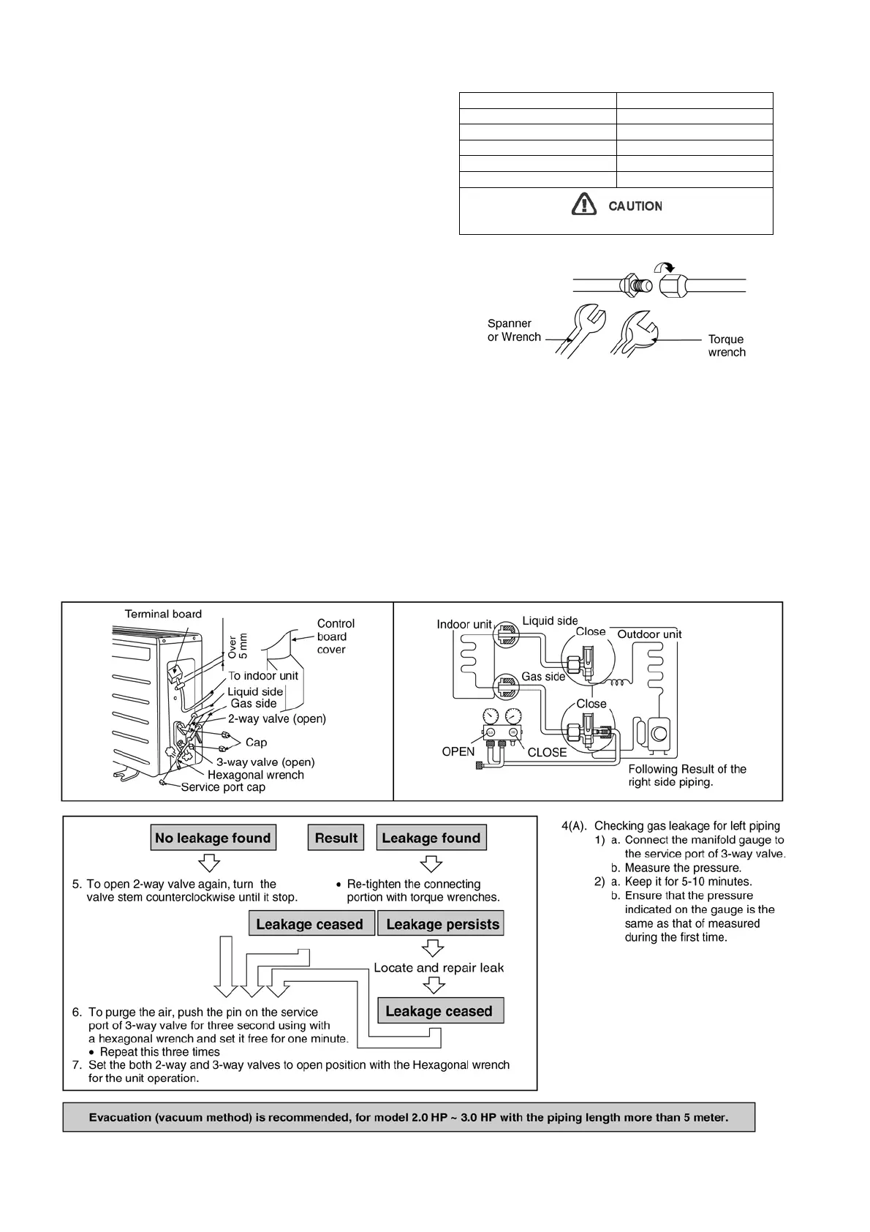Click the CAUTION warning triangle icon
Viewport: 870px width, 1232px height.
583,204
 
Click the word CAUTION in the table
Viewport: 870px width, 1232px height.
635,206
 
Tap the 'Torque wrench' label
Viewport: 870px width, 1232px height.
727,345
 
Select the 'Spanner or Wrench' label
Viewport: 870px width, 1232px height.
514,330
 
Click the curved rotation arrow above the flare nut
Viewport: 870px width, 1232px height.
664,268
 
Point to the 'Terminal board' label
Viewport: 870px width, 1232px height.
163,614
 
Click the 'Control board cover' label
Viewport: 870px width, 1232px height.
336,636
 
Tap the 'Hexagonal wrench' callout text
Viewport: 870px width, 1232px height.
256,775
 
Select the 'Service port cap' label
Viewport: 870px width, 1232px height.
223,787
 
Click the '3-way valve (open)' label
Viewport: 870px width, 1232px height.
265,762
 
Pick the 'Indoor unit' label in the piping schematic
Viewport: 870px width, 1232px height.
464,624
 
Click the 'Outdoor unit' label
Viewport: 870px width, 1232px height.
649,634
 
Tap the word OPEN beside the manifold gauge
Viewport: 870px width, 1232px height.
458,751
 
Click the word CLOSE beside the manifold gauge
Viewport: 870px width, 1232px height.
547,752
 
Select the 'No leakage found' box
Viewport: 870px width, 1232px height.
213,838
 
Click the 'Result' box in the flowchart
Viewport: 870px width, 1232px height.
336,838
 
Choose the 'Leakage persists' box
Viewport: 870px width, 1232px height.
442,924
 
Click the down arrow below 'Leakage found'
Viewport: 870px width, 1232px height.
431,864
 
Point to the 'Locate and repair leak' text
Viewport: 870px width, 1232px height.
439,968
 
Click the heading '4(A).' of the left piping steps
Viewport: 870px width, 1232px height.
574,826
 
